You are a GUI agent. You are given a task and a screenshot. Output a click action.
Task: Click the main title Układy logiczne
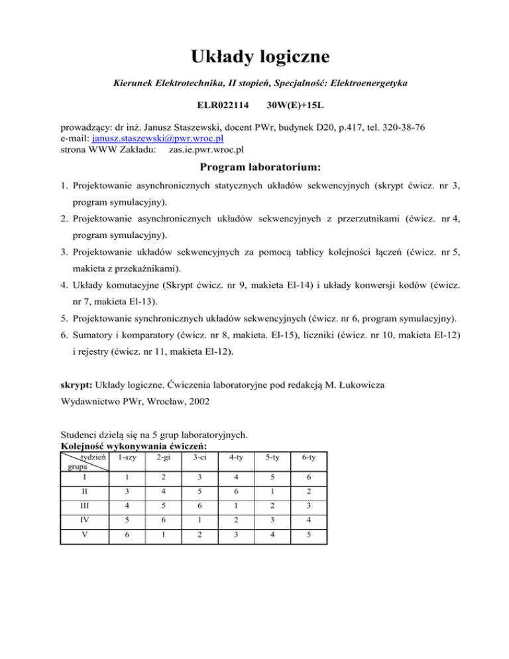point(254,56)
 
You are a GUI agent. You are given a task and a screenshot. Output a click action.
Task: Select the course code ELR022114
point(223,105)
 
